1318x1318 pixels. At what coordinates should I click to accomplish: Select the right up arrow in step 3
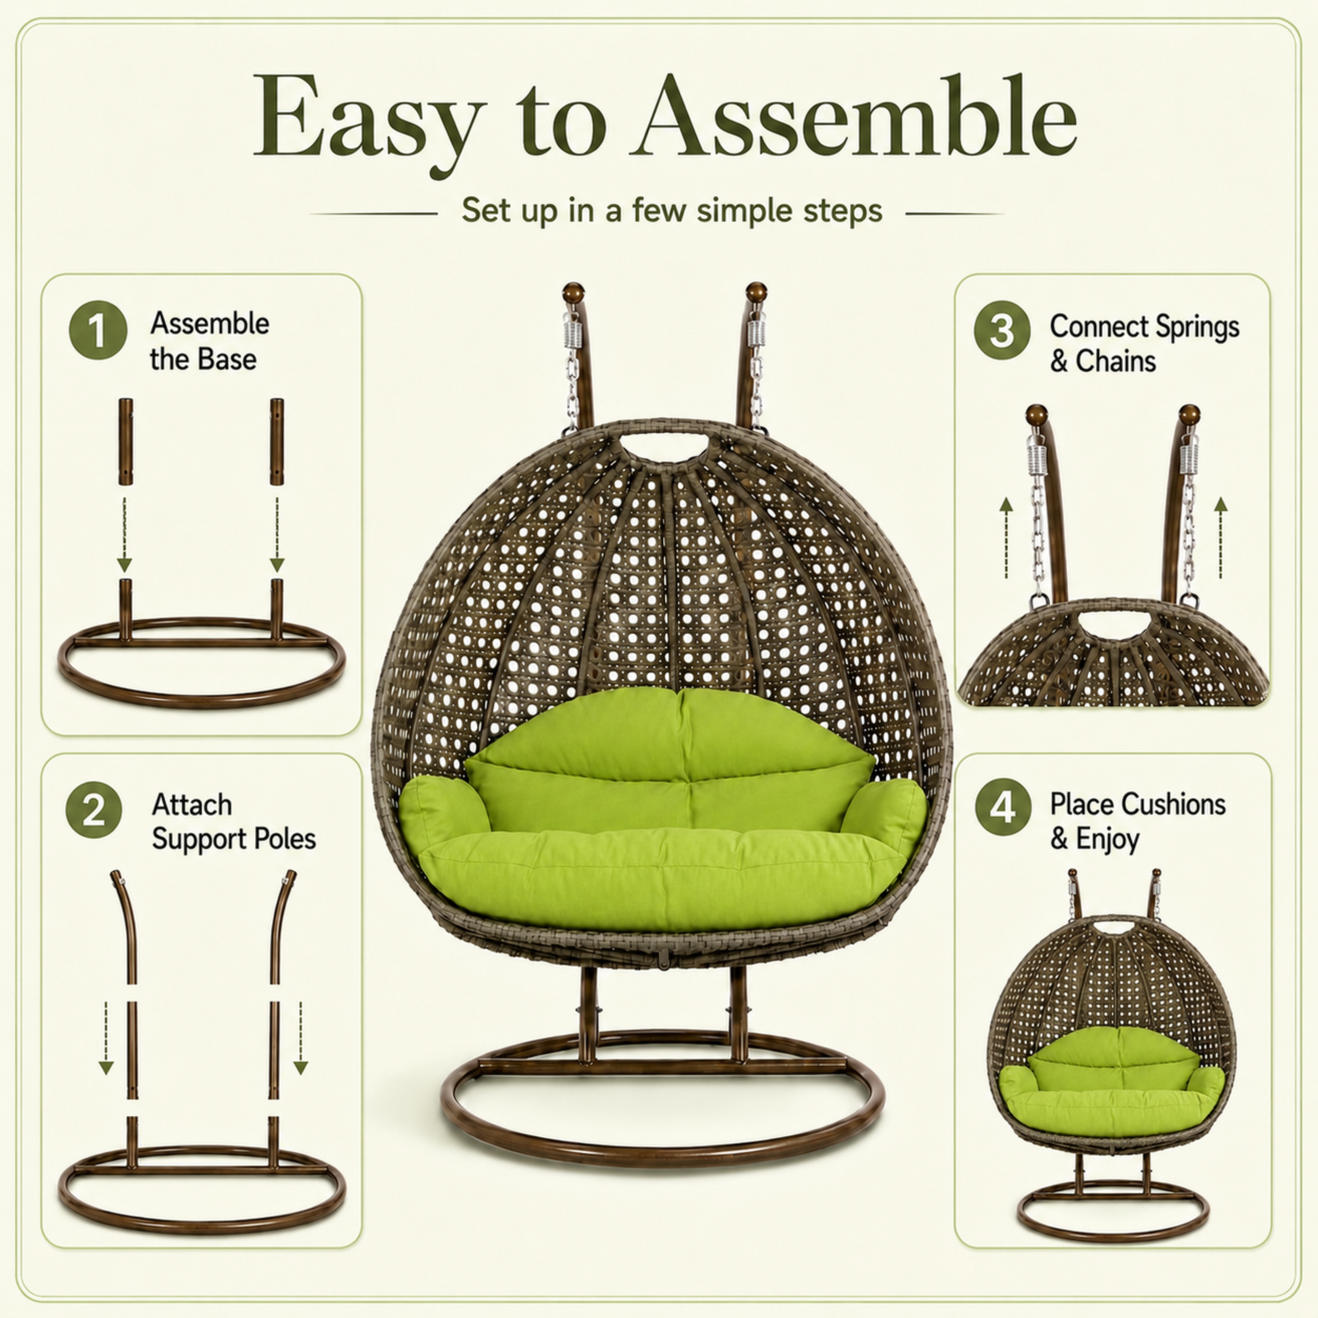click(x=1220, y=538)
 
